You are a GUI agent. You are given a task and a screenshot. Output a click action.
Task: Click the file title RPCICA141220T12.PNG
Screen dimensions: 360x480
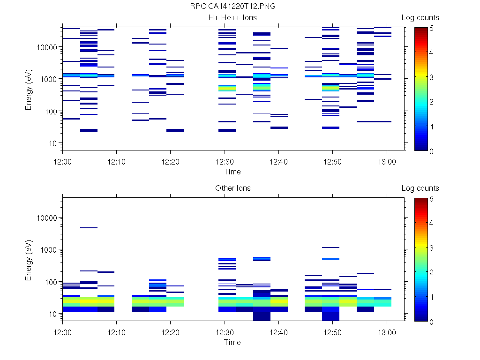(x=232, y=7)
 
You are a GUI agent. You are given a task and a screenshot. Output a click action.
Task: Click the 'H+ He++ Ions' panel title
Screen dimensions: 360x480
(x=232, y=18)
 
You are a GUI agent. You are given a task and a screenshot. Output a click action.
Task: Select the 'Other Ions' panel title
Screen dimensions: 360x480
(x=232, y=188)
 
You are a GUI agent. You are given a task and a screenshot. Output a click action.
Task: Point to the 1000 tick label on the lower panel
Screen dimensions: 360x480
(x=49, y=250)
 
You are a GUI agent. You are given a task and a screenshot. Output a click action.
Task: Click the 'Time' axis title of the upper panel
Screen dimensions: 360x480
(x=232, y=172)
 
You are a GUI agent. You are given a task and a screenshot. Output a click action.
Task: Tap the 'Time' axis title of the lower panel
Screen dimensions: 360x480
(x=232, y=342)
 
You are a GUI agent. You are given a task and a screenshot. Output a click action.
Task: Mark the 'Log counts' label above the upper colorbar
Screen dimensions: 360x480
(x=420, y=18)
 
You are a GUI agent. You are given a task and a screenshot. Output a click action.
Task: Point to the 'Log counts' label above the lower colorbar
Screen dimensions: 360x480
(x=420, y=188)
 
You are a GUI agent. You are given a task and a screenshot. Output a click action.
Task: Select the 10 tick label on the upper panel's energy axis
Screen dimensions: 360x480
(x=53, y=143)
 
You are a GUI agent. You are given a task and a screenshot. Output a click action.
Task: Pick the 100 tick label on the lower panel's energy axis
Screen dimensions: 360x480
(x=51, y=282)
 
